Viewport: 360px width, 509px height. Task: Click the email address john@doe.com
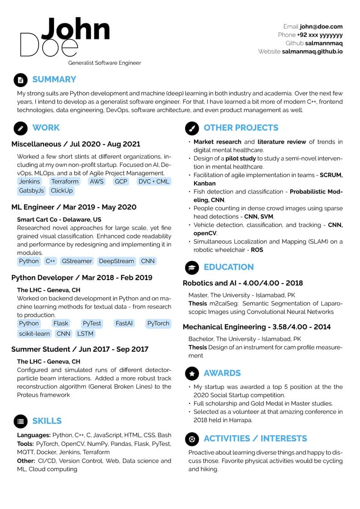pos(321,27)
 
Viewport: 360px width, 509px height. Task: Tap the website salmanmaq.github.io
pos(312,52)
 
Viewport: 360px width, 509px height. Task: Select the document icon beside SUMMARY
pos(20,80)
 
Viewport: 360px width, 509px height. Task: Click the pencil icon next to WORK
pos(20,128)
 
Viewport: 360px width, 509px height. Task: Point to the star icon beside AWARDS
pos(192,373)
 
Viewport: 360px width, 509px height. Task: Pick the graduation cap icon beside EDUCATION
pos(192,267)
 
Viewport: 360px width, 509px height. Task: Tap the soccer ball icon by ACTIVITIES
pos(192,439)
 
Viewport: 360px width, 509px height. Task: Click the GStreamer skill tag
pos(77,261)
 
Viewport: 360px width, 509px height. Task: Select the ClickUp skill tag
pos(62,191)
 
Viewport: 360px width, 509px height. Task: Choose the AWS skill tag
pos(97,181)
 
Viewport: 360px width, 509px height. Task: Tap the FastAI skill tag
pos(124,324)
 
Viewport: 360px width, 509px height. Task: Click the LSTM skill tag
pos(85,334)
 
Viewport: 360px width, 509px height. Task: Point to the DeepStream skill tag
pos(116,261)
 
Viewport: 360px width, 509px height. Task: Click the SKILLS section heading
pos(47,421)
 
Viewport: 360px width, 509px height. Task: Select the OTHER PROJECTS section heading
pos(241,128)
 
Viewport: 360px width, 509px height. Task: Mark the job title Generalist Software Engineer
pos(104,63)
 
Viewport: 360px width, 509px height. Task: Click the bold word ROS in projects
pos(257,250)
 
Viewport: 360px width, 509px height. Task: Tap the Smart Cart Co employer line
pos(59,219)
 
